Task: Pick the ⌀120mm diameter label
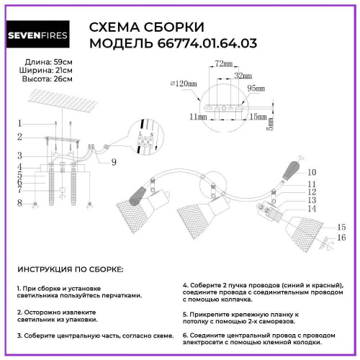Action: [183, 84]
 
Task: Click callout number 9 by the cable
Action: [114, 162]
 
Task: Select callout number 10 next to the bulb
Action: [312, 173]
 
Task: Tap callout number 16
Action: [342, 237]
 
